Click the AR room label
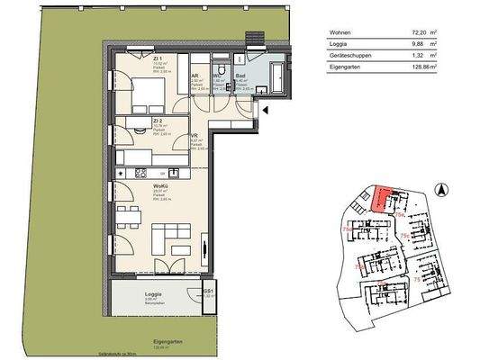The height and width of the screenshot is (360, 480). pos(195,76)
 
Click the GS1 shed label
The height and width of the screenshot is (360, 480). pos(207,290)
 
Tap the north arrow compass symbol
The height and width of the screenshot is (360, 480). pos(441,189)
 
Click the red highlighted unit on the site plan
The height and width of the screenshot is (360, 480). pos(384,197)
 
